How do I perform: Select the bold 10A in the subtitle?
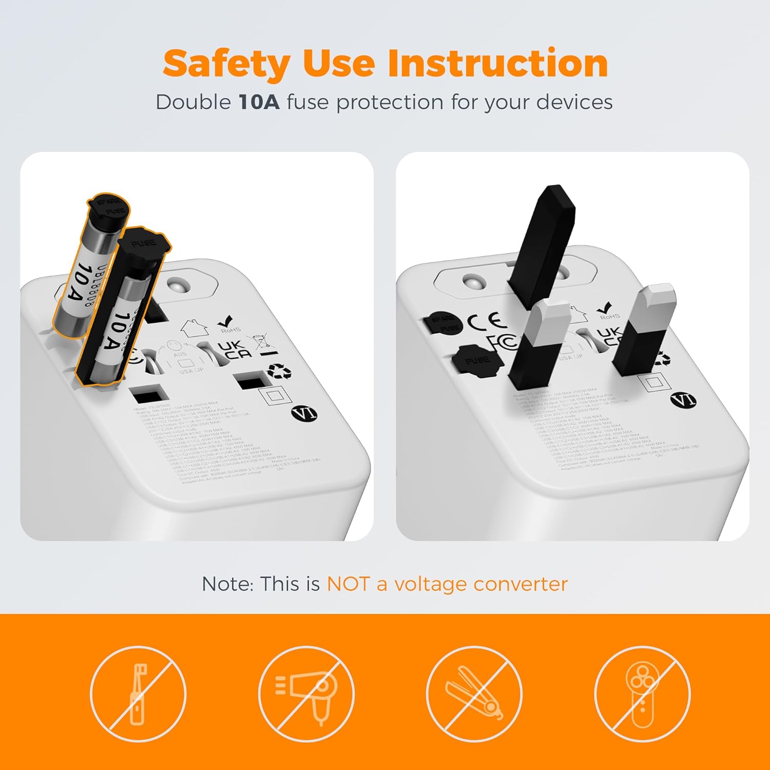click(259, 102)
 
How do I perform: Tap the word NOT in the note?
click(348, 584)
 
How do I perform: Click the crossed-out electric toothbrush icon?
click(138, 694)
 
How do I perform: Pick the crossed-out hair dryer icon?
click(306, 694)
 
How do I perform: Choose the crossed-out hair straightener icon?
click(474, 694)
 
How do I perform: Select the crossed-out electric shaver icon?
click(642, 694)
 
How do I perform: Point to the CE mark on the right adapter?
click(487, 321)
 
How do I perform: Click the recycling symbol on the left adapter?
click(279, 371)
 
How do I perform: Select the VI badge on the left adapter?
click(304, 413)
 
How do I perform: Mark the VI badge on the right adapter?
click(683, 400)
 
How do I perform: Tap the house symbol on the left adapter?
click(194, 328)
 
